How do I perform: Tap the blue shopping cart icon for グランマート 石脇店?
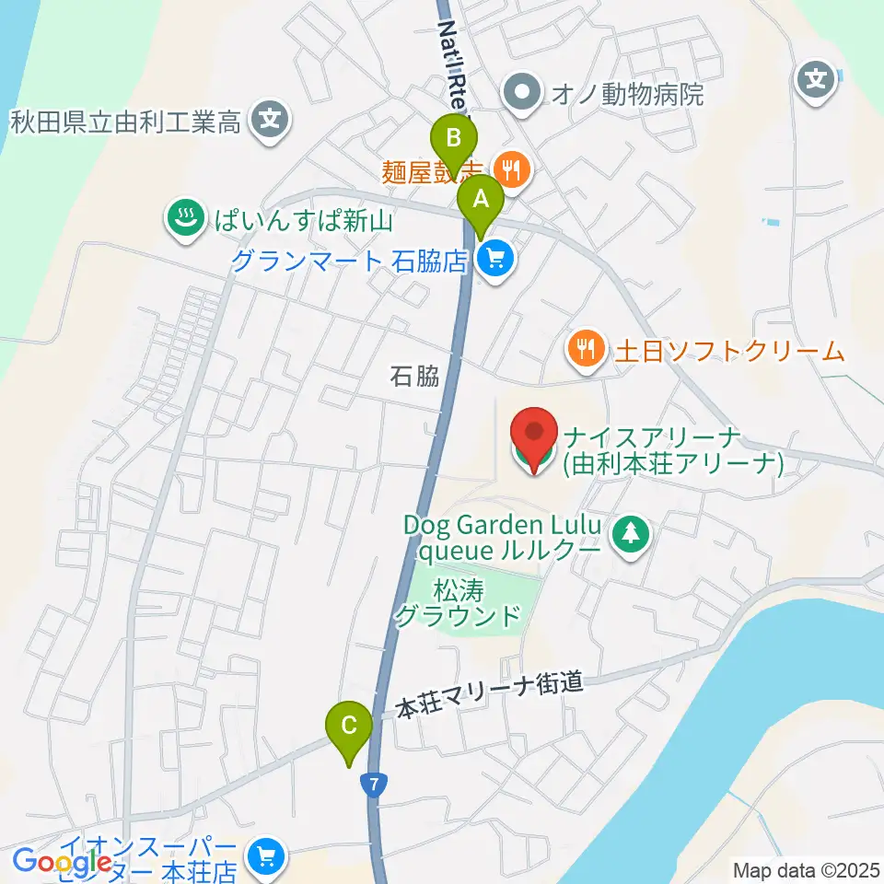click(x=495, y=261)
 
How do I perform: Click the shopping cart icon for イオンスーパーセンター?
click(x=267, y=856)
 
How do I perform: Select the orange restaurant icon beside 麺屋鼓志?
click(x=509, y=169)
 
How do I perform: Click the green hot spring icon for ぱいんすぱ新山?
click(x=184, y=220)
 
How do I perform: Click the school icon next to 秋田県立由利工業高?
click(x=270, y=120)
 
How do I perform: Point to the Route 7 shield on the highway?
click(x=372, y=784)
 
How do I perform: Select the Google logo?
click(x=63, y=863)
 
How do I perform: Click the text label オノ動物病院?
click(x=627, y=94)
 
